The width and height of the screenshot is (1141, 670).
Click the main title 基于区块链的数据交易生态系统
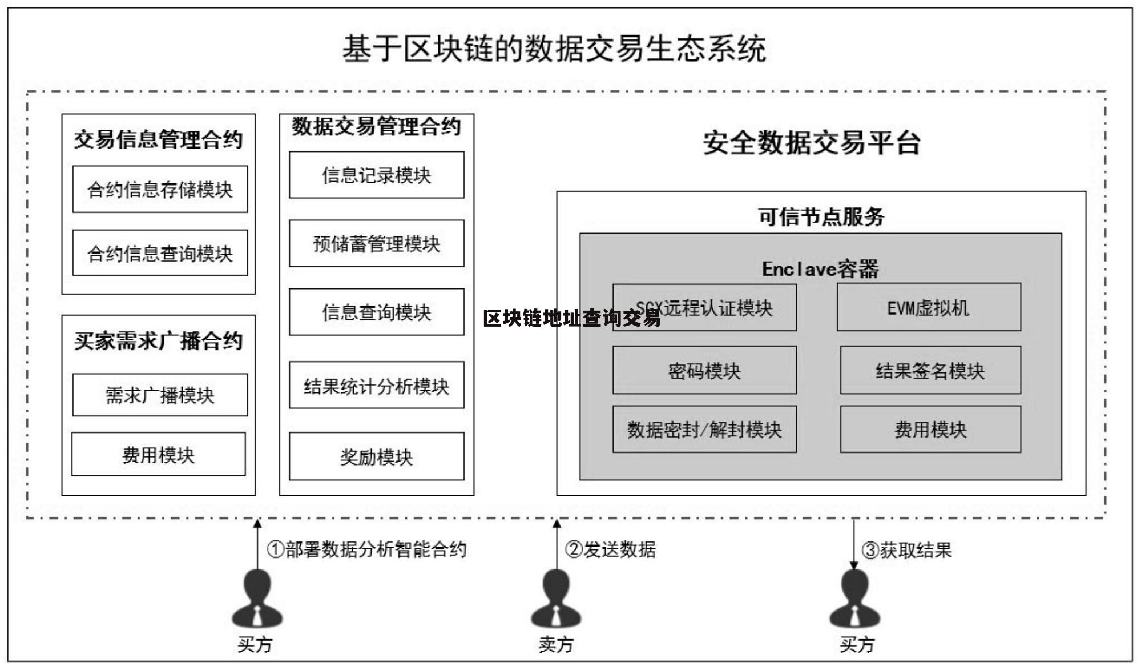pyautogui.click(x=554, y=49)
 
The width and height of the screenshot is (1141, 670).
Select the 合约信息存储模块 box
pyautogui.click(x=160, y=189)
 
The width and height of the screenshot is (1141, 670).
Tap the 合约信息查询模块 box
pyautogui.click(x=160, y=253)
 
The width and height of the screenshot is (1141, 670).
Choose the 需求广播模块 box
pyautogui.click(x=160, y=395)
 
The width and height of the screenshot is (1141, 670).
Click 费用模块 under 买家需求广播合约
pyautogui.click(x=158, y=454)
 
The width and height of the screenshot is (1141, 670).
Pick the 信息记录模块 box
pyautogui.click(x=376, y=175)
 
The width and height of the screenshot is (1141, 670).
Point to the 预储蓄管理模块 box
pyautogui.click(x=376, y=243)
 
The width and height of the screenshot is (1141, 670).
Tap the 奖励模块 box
pyautogui.click(x=376, y=456)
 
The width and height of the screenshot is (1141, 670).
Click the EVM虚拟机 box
pyautogui.click(x=928, y=307)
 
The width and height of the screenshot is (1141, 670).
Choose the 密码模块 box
pyautogui.click(x=704, y=370)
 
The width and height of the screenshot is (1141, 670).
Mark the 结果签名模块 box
pyautogui.click(x=930, y=370)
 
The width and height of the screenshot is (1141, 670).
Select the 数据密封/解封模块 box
pyautogui.click(x=704, y=429)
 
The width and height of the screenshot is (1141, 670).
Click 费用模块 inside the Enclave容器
pyautogui.click(x=930, y=429)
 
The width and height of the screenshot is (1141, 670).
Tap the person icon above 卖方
pyautogui.click(x=556, y=600)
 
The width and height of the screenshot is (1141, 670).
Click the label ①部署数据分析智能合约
pyautogui.click(x=366, y=549)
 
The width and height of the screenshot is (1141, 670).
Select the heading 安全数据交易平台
pyautogui.click(x=811, y=142)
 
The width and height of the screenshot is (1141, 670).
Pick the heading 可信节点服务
pyautogui.click(x=821, y=216)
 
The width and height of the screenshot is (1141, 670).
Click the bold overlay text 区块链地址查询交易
pyautogui.click(x=571, y=318)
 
